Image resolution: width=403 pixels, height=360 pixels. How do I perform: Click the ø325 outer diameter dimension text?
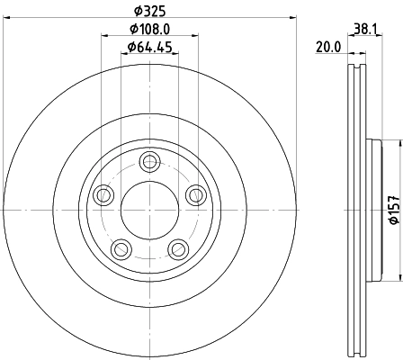coord(149,11)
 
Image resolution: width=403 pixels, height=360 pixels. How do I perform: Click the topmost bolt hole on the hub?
coord(149,162)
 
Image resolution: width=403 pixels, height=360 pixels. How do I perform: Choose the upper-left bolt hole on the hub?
coord(103,194)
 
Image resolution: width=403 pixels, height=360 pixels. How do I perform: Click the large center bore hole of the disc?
coord(149,210)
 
